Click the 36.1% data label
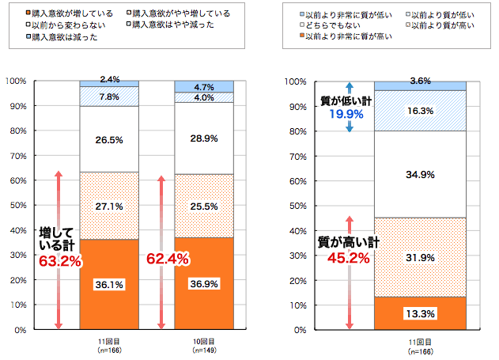(x=110, y=284)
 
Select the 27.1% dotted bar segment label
(x=110, y=206)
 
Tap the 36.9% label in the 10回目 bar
(x=204, y=283)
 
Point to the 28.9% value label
(x=204, y=138)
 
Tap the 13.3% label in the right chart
(x=420, y=313)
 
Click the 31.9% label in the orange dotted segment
(x=420, y=257)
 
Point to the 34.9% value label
(x=420, y=174)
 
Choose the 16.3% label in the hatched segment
(x=420, y=112)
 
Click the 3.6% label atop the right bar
(x=420, y=81)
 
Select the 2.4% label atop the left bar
(x=110, y=79)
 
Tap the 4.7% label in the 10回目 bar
(x=204, y=87)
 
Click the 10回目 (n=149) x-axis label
(x=204, y=344)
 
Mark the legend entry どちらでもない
(x=332, y=25)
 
